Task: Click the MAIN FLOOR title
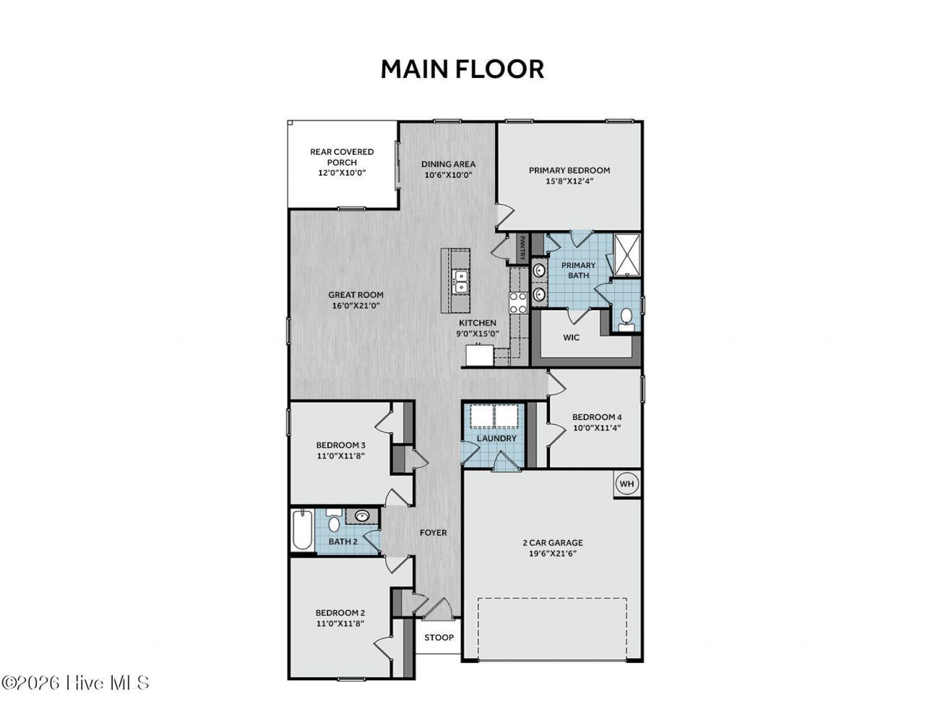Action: [462, 69]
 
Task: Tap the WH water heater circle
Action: [626, 484]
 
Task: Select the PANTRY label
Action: [522, 248]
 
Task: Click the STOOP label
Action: [439, 638]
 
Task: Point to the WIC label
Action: [571, 338]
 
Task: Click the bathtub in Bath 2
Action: [303, 530]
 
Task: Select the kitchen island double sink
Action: [460, 281]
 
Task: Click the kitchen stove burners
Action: [518, 302]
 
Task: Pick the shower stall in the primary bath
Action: [627, 254]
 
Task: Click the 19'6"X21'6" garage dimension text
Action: [553, 554]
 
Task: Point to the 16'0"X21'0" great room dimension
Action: [356, 305]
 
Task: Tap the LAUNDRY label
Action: [496, 438]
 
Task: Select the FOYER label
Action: [434, 533]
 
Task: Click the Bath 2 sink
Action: [362, 515]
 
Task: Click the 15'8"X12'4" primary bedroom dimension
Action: [569, 181]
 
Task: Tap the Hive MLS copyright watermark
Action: [75, 682]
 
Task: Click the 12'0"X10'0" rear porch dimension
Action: [342, 173]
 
